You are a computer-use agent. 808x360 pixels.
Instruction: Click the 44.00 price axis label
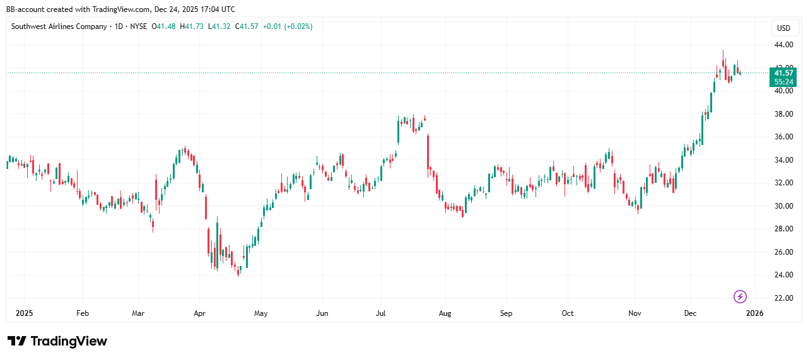point(783,45)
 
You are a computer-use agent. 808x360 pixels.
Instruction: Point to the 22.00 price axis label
point(783,298)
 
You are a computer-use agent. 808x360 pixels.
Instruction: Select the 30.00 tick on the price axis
point(783,206)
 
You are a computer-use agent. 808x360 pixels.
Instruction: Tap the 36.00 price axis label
point(783,137)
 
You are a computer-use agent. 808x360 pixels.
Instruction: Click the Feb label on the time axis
point(83,313)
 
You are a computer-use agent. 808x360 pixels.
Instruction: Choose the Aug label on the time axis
point(445,313)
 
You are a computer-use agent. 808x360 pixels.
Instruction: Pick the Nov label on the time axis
point(635,313)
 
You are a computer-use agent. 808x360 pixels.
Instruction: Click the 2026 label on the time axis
point(754,313)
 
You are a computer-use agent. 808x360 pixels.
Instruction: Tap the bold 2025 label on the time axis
point(24,313)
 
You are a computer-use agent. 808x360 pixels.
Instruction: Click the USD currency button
point(783,28)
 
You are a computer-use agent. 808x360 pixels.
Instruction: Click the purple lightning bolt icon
point(741,296)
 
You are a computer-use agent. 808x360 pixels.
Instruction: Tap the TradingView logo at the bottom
point(57,341)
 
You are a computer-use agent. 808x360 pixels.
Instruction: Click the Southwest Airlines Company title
point(59,26)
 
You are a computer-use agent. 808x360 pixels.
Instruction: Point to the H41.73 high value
point(192,26)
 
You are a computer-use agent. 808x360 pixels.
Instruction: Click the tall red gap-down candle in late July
point(428,151)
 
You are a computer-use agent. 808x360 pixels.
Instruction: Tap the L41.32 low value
point(221,26)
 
